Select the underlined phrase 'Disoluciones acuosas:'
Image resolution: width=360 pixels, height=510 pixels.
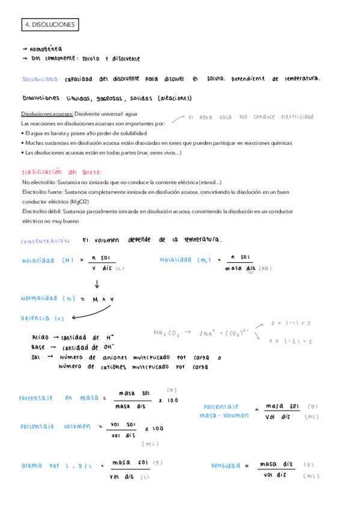(47, 114)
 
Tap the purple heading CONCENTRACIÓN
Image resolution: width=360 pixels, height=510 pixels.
(45, 242)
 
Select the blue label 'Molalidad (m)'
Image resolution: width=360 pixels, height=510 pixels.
(184, 260)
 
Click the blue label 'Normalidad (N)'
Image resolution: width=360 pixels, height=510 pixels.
(47, 298)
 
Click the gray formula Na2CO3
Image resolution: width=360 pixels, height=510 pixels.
(166, 332)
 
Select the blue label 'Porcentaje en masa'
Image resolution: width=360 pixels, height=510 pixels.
(55, 398)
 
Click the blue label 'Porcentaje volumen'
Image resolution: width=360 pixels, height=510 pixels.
(55, 426)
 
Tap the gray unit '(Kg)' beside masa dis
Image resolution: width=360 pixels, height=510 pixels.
(266, 269)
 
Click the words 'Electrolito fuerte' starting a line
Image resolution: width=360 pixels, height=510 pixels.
(43, 192)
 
